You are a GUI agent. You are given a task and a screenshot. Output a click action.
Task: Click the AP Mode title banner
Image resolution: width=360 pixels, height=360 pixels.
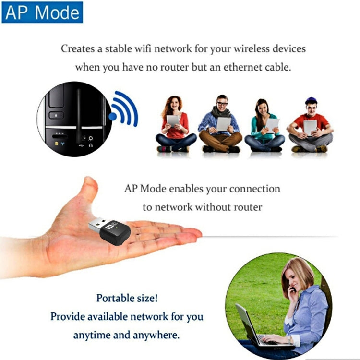(42, 12)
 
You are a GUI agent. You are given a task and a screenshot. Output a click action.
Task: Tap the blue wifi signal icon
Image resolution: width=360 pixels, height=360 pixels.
(124, 109)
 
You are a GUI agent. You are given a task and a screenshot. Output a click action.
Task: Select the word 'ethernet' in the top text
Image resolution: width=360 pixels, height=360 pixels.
(233, 67)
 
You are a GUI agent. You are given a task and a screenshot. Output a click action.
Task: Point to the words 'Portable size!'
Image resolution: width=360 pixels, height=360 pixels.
(127, 298)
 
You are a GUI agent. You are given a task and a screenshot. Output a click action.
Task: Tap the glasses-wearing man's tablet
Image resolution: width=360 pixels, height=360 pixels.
(224, 124)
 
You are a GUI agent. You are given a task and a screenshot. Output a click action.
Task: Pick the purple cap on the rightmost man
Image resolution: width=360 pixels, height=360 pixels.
(311, 100)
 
